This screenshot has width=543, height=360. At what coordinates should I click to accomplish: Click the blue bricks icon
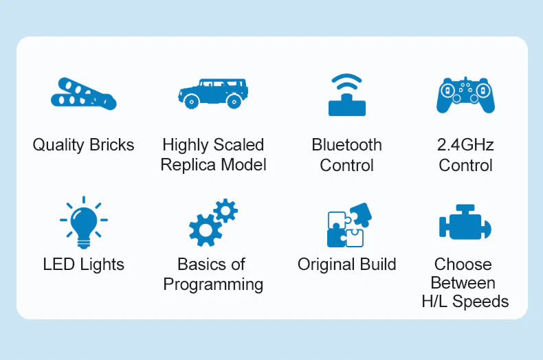[83, 94]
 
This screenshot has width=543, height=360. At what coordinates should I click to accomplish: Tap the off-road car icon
[213, 93]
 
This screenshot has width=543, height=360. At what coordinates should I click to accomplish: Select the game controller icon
[465, 95]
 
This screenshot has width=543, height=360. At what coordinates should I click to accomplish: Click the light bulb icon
[84, 222]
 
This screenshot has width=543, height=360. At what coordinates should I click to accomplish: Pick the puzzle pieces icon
[349, 225]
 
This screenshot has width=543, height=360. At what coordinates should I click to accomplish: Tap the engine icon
[465, 222]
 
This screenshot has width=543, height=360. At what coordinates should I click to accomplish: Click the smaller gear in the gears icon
[225, 210]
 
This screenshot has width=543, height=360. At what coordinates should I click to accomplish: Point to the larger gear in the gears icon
[206, 230]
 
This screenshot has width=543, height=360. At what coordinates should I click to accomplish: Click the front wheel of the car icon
[192, 102]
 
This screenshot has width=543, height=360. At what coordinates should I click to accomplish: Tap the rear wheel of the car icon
[234, 102]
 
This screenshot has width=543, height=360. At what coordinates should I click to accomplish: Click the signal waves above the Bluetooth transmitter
[346, 82]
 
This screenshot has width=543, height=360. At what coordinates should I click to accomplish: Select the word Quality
[58, 146]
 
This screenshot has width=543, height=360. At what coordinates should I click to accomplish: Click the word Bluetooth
[346, 145]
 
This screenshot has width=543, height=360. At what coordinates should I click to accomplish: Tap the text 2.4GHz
[465, 145]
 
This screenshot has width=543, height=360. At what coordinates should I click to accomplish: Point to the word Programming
[213, 285]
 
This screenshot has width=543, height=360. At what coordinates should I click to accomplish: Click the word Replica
[188, 165]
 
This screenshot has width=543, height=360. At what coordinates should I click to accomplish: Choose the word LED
[59, 265]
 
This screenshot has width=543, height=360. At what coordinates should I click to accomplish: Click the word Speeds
[480, 302]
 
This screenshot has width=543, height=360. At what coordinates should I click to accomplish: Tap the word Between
[463, 283]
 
